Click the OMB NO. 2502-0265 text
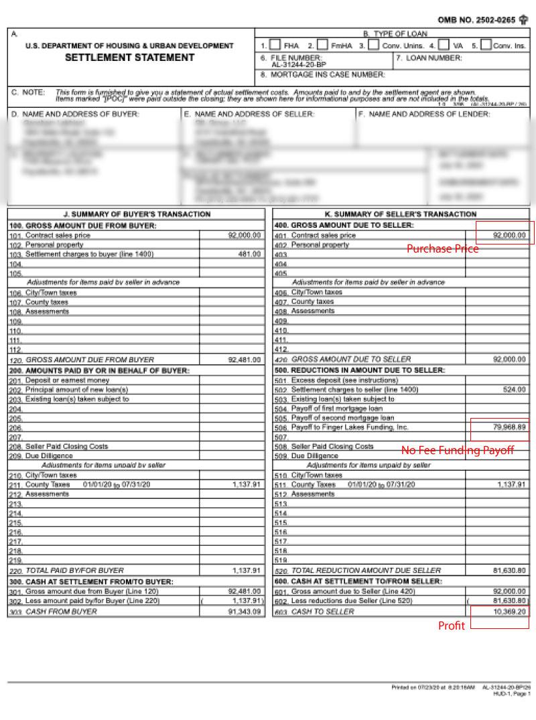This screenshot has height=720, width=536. click(x=476, y=20)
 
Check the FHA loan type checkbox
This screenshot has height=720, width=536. click(x=275, y=46)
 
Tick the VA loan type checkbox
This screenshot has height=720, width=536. click(x=444, y=46)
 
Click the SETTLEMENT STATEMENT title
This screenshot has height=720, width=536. click(x=130, y=58)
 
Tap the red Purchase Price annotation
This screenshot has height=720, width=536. click(x=443, y=248)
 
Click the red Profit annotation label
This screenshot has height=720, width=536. click(x=451, y=626)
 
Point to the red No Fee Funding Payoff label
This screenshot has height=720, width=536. click(x=458, y=450)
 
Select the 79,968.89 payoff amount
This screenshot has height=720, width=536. click(x=509, y=427)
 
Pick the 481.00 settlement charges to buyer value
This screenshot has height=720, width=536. click(x=249, y=255)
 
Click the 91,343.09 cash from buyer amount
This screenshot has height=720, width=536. click(x=245, y=611)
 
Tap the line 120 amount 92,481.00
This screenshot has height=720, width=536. click(x=245, y=360)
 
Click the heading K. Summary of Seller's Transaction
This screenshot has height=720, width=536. click(x=401, y=214)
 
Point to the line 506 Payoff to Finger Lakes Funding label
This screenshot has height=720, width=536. click(x=349, y=427)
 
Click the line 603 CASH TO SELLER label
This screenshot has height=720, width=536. click(x=322, y=611)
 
